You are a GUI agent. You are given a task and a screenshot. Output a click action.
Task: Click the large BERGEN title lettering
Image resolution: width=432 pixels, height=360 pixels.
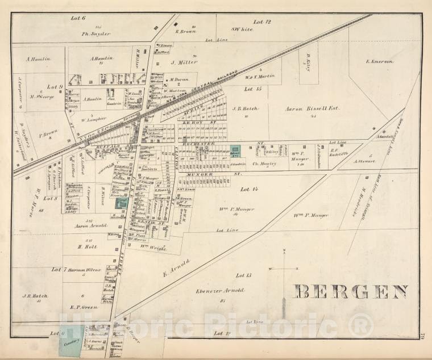tap(351, 292)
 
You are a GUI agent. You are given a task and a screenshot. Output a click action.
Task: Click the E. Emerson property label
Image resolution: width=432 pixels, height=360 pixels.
tap(380, 61)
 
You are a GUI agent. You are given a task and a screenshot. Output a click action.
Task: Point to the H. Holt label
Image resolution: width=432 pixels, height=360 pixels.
tap(88, 246)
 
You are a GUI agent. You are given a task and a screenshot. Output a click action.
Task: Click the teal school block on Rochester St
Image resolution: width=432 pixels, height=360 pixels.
tap(235, 150)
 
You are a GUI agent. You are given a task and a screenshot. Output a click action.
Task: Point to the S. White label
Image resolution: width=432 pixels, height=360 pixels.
tap(242, 29)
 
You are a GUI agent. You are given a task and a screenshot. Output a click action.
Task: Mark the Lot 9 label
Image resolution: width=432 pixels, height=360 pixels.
tap(55, 87)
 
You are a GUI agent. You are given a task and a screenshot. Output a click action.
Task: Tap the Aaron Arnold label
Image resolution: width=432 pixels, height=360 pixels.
tap(90, 226)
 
